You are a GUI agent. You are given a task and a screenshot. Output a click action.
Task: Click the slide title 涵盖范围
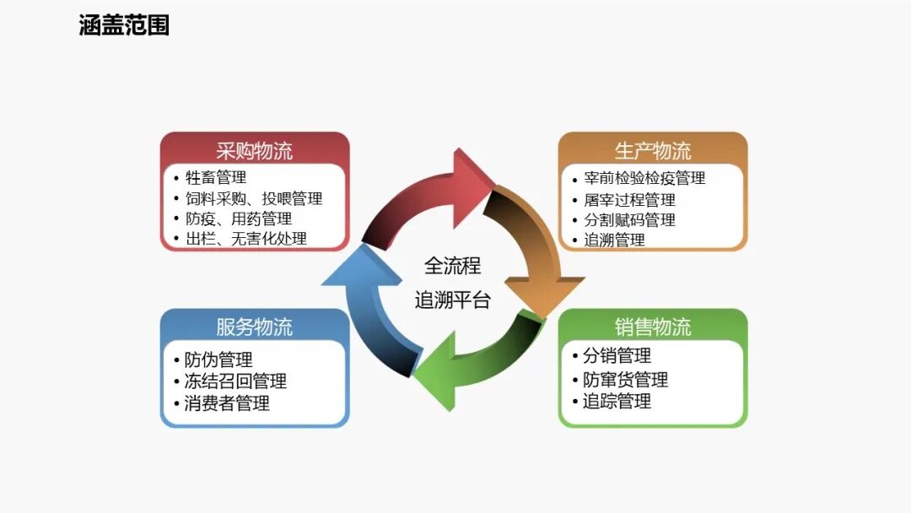point(124,25)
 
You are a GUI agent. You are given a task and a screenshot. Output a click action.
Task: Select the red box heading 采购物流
point(254,151)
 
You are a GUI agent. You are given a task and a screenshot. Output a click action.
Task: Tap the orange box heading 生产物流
point(652,151)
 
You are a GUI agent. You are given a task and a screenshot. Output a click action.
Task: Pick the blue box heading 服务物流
point(254,327)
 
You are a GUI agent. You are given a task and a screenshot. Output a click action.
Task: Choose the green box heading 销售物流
point(652,327)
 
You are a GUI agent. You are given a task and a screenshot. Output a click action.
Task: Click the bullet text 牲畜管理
point(216,178)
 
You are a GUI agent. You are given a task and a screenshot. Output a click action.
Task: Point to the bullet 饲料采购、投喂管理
point(254,199)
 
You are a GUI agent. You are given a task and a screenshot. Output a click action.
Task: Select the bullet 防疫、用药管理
point(239,219)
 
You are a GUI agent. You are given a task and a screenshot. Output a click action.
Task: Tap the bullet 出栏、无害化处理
point(246,239)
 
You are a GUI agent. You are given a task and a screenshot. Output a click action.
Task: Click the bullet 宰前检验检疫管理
point(644,179)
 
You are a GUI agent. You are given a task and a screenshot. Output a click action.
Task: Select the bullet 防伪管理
point(218,361)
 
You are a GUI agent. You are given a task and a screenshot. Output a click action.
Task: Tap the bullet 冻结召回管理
point(235,382)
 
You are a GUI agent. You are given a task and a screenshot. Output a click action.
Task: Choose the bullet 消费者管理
point(227,403)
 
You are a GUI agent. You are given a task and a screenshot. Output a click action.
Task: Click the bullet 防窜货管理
point(625,380)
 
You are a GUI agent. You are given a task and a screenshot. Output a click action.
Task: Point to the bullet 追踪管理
point(617,401)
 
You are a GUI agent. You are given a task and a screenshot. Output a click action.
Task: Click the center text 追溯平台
point(452,300)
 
